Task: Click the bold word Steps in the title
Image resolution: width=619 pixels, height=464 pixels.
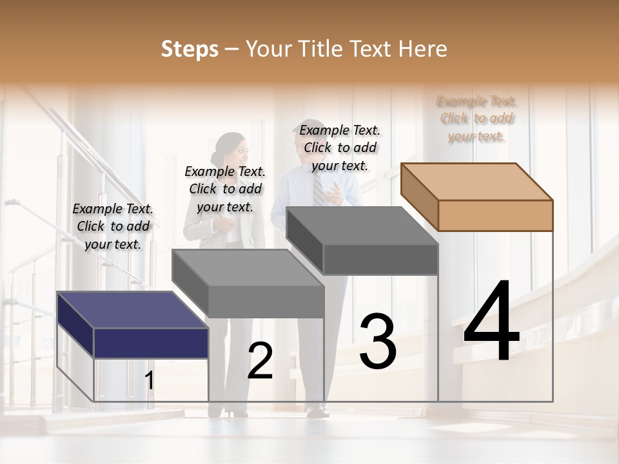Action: pos(190,49)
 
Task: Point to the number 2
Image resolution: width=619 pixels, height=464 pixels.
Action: pos(260,361)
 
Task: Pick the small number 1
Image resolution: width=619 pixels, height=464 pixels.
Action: pos(149,381)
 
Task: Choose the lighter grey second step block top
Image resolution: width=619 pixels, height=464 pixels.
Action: pos(248,267)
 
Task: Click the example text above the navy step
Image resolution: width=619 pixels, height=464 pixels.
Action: pos(113,226)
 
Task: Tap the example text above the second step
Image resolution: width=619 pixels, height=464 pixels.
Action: pos(225,189)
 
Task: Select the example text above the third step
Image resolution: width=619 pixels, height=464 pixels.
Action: pos(340,148)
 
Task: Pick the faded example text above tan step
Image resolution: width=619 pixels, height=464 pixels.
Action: pos(477,118)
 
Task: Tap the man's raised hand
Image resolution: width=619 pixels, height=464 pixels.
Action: pos(333,189)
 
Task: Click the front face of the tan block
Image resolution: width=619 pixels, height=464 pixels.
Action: pos(495,215)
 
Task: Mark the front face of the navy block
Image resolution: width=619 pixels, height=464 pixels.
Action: pos(151,343)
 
